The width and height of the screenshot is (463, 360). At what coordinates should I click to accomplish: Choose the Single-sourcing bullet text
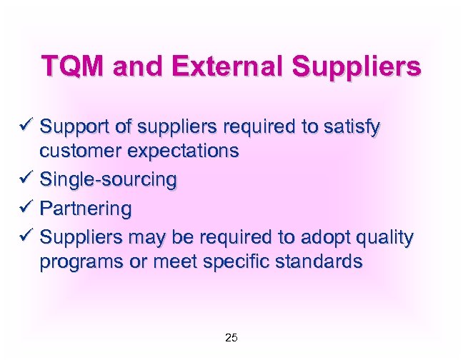tap(108, 180)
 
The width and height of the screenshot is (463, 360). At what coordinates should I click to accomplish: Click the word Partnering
tap(86, 209)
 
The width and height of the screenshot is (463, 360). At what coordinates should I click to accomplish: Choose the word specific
tap(232, 261)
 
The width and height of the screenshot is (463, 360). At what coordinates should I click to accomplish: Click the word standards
tap(318, 261)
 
